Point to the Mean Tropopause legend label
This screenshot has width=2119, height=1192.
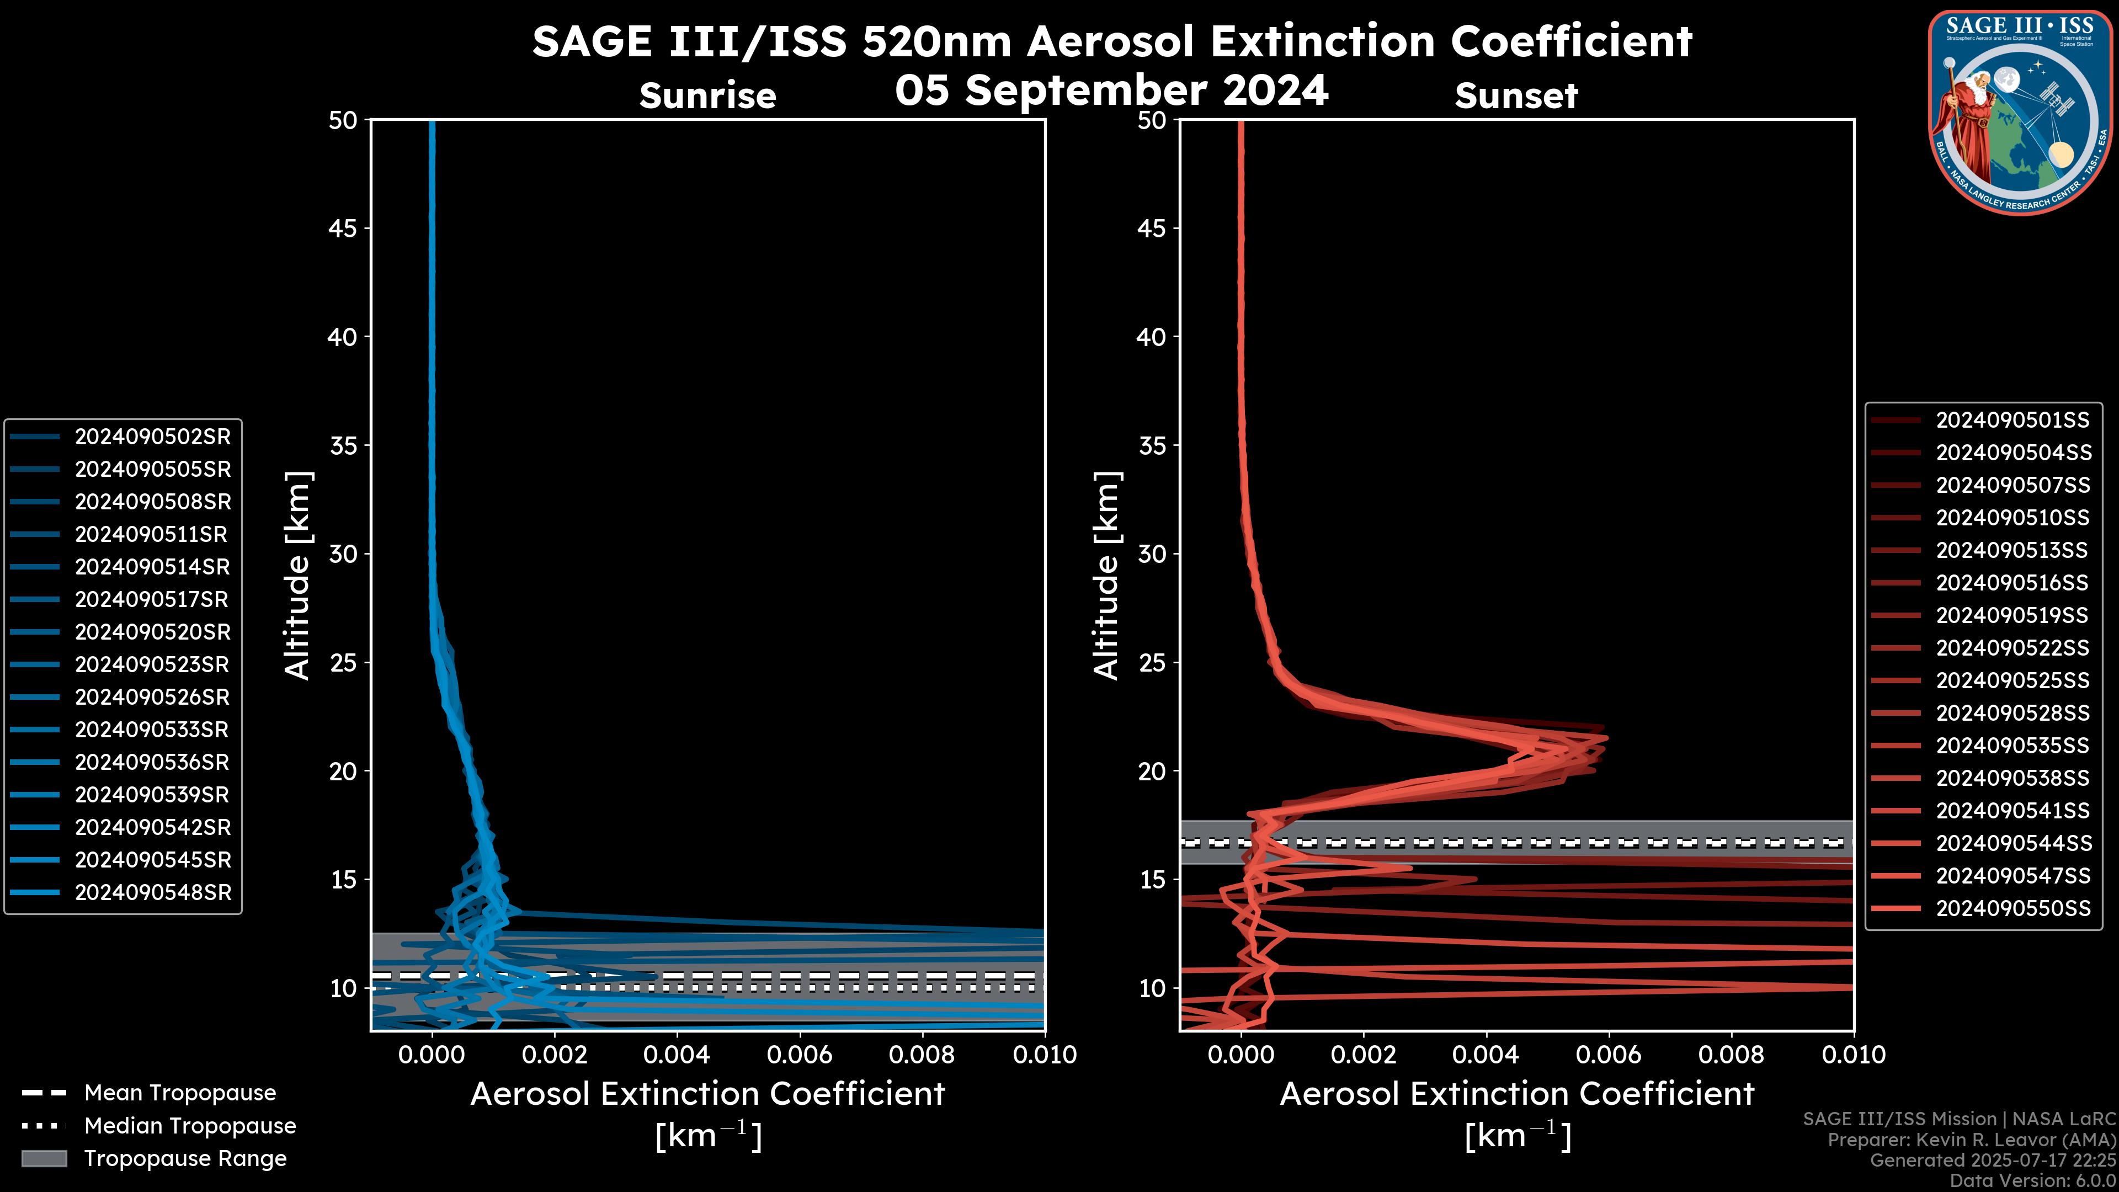click(x=180, y=1093)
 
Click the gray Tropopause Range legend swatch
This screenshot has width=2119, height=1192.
click(x=44, y=1158)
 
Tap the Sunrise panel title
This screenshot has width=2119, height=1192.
click(x=707, y=96)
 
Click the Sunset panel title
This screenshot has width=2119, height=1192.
click(x=1516, y=96)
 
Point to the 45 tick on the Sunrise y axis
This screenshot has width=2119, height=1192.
click(x=343, y=228)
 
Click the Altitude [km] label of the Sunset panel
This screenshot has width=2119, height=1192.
click(x=1106, y=576)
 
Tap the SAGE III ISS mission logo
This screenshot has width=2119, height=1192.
click(x=2020, y=111)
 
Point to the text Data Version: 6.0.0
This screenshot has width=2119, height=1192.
click(x=2033, y=1182)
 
